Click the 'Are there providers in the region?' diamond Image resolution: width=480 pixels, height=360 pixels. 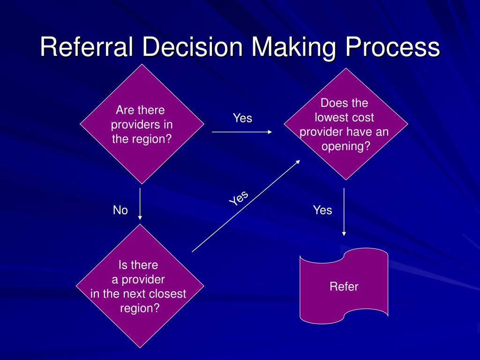[x=142, y=124]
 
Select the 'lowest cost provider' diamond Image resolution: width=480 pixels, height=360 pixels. [x=345, y=124]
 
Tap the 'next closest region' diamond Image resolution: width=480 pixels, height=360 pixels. [x=140, y=286]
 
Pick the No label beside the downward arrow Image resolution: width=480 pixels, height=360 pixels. [x=120, y=210]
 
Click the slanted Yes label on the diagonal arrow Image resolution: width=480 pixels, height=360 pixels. [x=239, y=198]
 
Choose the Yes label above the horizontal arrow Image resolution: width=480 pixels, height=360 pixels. [x=243, y=118]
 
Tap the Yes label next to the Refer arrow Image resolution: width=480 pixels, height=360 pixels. [x=322, y=210]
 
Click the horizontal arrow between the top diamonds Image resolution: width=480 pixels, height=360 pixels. [x=242, y=132]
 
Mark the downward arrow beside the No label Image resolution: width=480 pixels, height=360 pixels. [x=140, y=203]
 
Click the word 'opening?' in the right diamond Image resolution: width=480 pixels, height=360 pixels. [x=345, y=146]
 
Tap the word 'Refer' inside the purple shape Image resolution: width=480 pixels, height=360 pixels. [x=344, y=286]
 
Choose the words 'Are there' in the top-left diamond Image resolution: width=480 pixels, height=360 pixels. [x=141, y=111]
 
